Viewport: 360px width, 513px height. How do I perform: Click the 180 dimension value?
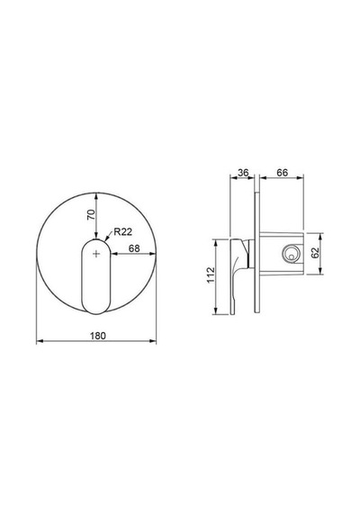98,336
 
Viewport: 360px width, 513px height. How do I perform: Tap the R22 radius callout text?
123,232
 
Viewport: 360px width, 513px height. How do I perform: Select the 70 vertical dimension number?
92,214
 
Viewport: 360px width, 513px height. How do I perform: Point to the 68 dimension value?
134,248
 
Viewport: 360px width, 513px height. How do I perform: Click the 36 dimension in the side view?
243,173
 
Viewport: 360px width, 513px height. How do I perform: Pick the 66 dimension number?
282,173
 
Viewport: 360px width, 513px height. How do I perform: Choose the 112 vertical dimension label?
211,275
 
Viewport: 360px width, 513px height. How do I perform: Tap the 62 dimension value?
315,253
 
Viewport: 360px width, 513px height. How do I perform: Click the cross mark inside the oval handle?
96,254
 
